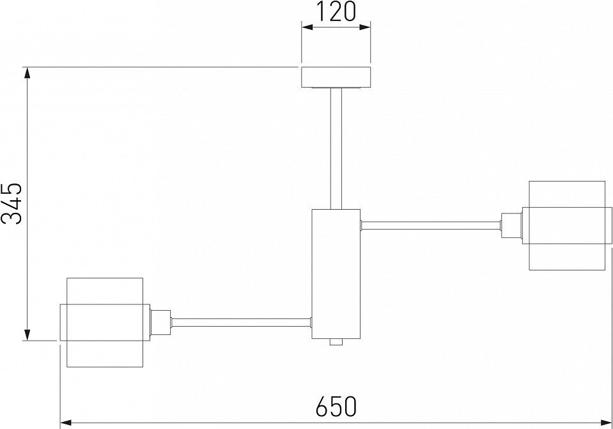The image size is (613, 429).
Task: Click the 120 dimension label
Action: coord(336,12)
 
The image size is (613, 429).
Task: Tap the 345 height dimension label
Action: coord(12,203)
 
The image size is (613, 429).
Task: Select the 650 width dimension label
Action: coord(336,407)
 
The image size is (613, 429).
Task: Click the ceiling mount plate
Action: coord(336,77)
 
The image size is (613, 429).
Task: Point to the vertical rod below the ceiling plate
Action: coord(336,148)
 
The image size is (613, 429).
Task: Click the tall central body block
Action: coord(336,274)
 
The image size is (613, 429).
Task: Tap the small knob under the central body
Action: coord(336,342)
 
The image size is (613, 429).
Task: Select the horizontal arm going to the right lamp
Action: coord(431,225)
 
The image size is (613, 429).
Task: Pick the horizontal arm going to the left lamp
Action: coord(241,322)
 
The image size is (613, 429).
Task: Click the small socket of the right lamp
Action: coord(511,225)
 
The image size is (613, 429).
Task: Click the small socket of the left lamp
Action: coord(160,322)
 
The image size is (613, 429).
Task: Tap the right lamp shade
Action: coord(567,226)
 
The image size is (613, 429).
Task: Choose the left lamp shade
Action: coord(105,323)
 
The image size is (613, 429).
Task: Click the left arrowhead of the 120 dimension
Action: coord(307,27)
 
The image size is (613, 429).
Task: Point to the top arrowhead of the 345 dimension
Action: coord(27,73)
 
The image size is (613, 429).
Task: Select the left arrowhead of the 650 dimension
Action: coord(66,423)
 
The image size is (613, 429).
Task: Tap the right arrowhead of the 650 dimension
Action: coord(605,423)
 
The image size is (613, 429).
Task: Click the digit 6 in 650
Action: coord(322,407)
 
